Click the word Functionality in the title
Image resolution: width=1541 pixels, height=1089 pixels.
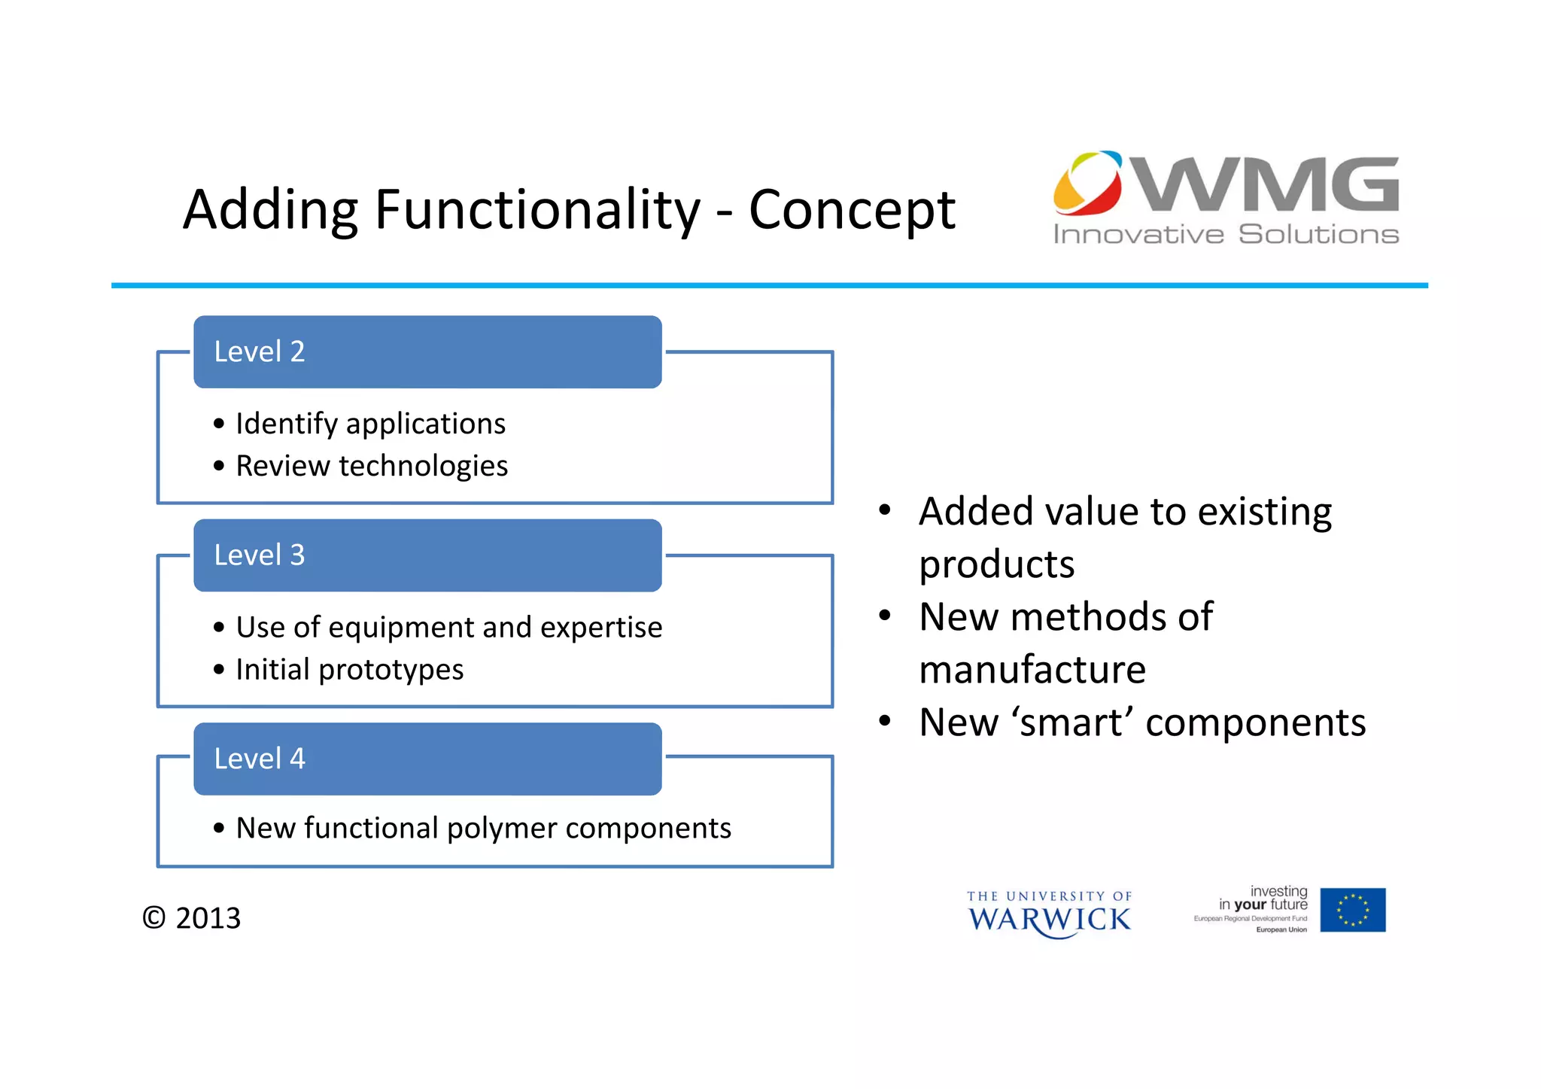536,210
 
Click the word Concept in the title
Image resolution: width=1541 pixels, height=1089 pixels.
852,210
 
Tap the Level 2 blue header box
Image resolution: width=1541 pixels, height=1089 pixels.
427,352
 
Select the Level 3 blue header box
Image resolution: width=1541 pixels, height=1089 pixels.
427,555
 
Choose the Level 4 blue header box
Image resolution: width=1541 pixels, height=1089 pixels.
427,759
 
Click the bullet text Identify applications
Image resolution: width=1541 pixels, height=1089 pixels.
370,424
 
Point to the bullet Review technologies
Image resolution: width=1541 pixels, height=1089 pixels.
372,466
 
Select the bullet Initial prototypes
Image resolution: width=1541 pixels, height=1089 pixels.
350,670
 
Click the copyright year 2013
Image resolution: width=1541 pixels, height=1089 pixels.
208,918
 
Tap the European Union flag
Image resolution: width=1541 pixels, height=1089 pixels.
1352,910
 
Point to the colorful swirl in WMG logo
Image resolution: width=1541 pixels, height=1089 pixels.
1087,182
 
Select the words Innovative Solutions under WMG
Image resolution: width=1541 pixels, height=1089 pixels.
1225,234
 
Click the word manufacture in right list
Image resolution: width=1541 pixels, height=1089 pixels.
1032,670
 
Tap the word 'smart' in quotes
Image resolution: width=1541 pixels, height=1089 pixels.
1072,722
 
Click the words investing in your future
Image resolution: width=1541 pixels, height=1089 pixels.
1264,898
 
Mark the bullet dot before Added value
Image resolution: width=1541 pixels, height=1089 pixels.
885,511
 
